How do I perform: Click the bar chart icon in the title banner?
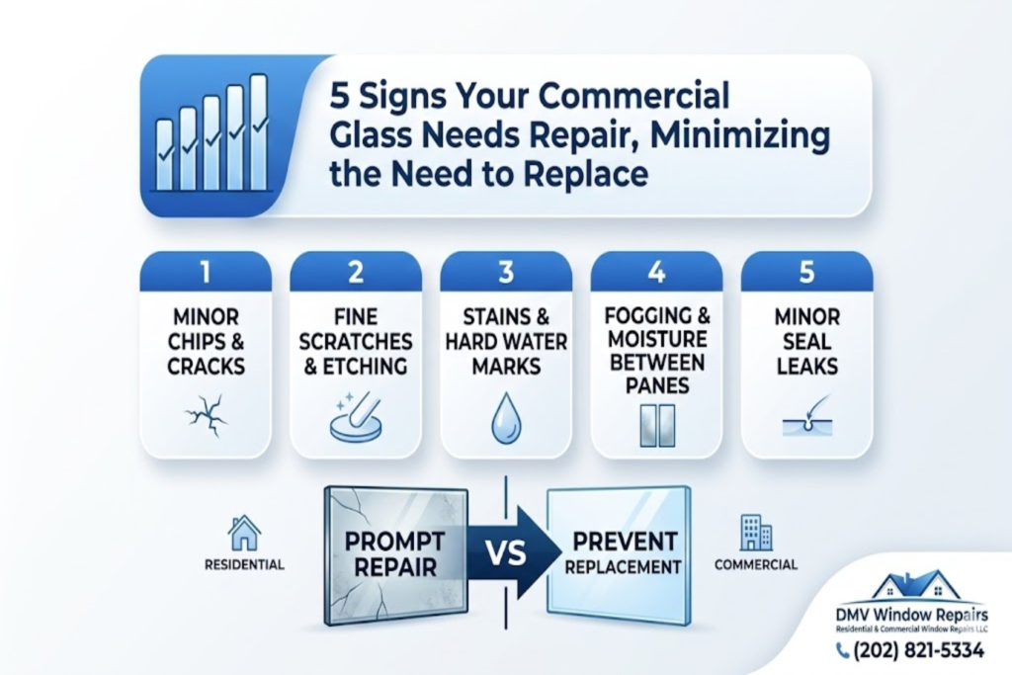(x=211, y=133)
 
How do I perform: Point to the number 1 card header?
(x=206, y=271)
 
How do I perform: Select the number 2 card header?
(x=355, y=271)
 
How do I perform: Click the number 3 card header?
(x=505, y=271)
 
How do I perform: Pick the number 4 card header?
(x=656, y=271)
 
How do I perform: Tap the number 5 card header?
(x=806, y=271)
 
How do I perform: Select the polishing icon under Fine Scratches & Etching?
(x=355, y=415)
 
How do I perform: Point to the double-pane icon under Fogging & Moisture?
(x=656, y=423)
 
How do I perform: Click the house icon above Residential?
(x=243, y=534)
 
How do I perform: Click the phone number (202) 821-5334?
(x=919, y=650)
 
